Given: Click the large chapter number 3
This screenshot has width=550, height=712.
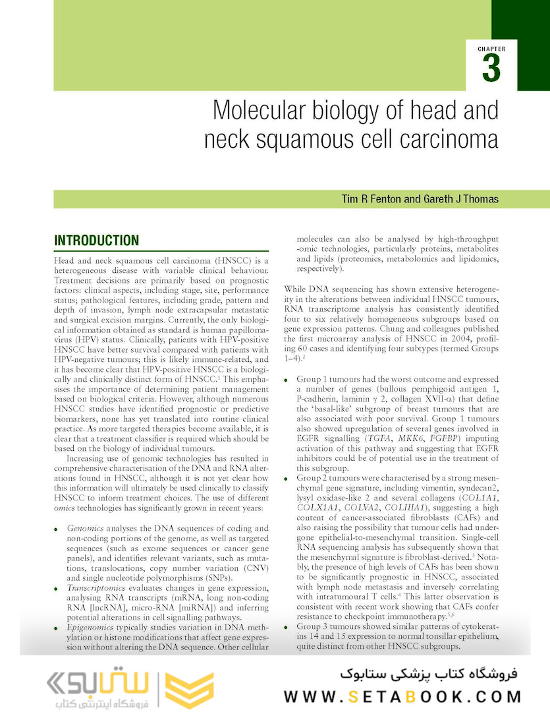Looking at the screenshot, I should [491, 69].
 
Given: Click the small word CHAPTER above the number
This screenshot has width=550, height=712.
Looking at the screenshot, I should [491, 49].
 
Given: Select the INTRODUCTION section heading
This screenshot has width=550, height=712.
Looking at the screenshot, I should [96, 241].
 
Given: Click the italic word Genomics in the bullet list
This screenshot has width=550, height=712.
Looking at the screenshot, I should [86, 529].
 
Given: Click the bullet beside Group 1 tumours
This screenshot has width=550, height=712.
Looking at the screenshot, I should [287, 380].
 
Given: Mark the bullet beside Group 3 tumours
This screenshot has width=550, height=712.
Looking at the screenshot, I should [287, 626].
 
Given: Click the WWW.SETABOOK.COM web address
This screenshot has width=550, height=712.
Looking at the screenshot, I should [402, 696].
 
